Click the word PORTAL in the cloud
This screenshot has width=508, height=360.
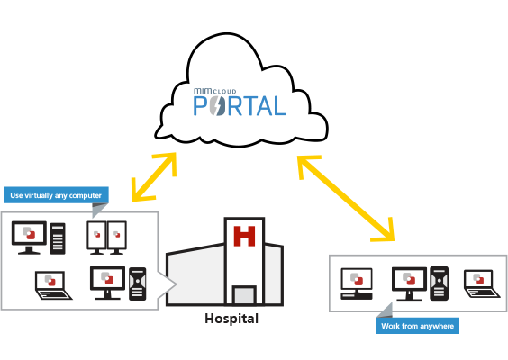tap(240, 106)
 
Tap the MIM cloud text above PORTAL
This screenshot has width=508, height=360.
tap(214, 91)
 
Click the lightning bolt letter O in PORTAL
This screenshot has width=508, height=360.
tap(217, 106)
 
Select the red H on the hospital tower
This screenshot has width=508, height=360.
tap(244, 237)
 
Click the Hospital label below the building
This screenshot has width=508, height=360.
tap(231, 319)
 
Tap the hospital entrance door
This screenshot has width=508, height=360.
tap(245, 295)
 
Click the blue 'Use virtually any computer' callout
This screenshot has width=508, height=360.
tap(56, 195)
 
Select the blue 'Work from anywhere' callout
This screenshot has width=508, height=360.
tap(417, 326)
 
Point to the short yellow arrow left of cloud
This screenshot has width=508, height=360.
tap(154, 177)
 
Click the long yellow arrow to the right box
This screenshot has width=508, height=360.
tap(346, 199)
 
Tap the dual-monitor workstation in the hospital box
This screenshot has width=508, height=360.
tap(106, 238)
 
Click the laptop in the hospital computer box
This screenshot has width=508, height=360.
tap(53, 285)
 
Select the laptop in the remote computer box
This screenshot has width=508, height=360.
tap(482, 283)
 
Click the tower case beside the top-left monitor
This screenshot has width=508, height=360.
tap(58, 238)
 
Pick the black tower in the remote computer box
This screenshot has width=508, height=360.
tap(440, 283)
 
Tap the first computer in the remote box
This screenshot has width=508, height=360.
tap(357, 283)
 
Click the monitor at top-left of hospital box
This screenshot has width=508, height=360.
tap(29, 238)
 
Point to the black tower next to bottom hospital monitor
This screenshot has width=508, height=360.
tap(138, 283)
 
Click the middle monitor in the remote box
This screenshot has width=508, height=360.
tap(410, 283)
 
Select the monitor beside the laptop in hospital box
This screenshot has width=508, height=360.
tap(107, 283)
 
